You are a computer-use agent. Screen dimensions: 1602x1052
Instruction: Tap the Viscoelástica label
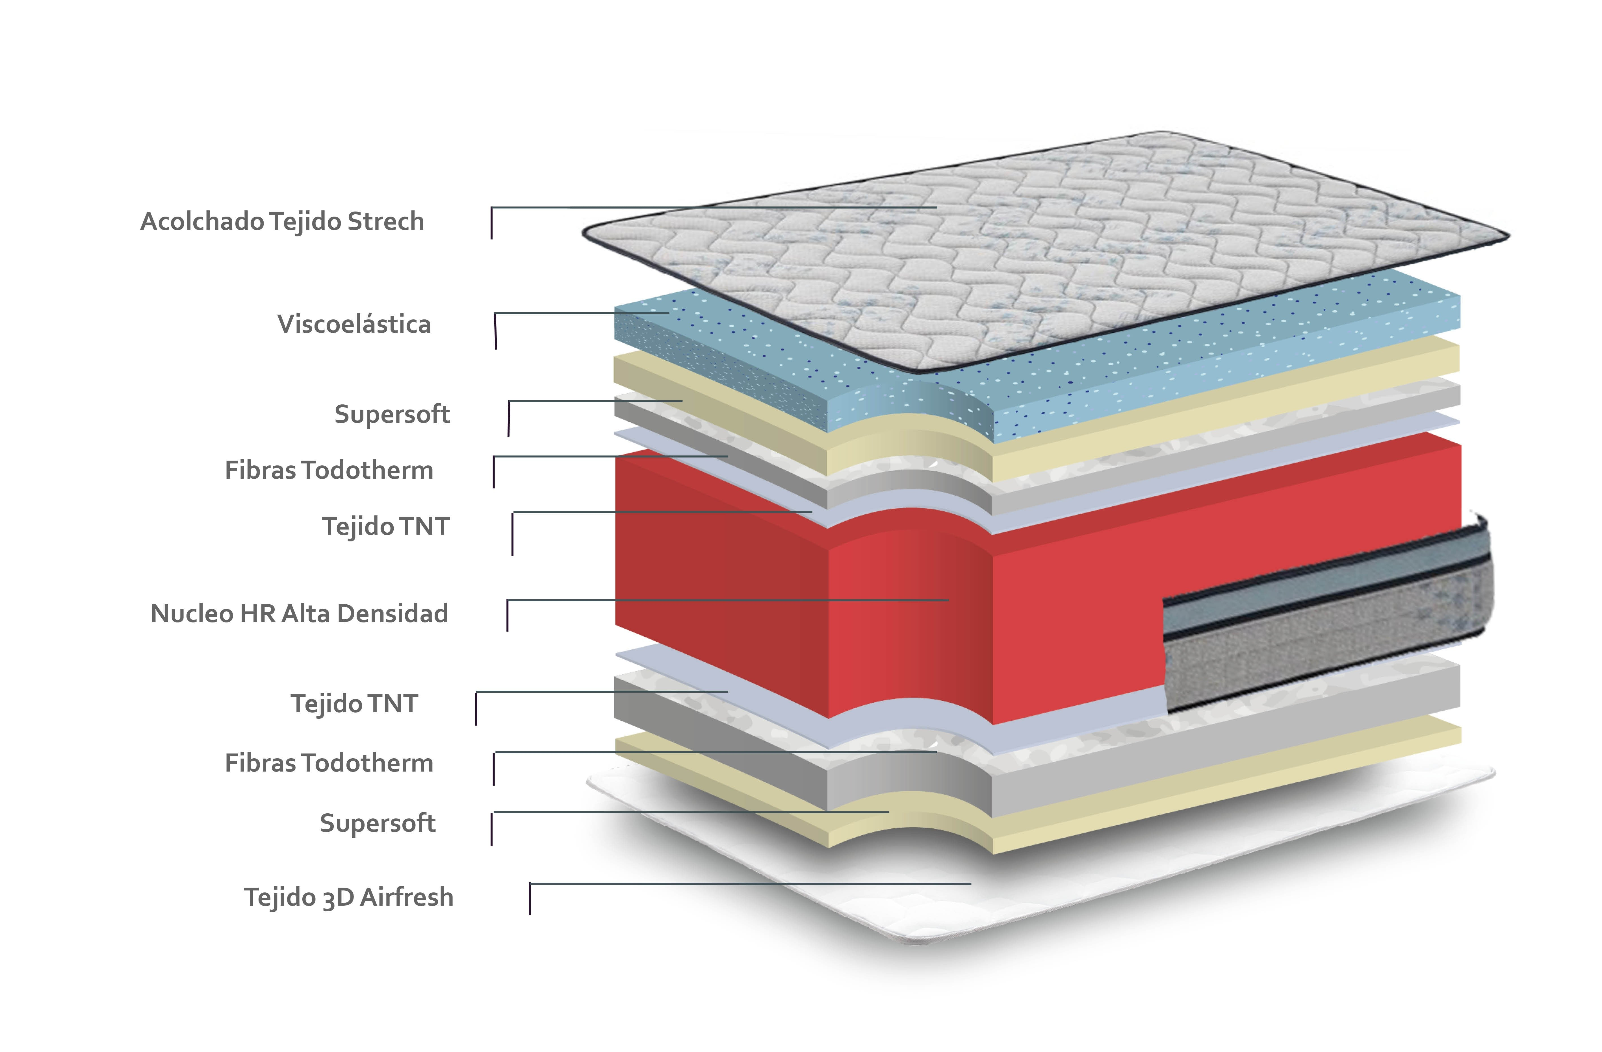pos(354,324)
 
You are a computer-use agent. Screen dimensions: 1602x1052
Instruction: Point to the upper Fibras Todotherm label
pos(329,470)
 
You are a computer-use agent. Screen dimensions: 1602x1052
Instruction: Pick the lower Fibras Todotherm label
pos(329,763)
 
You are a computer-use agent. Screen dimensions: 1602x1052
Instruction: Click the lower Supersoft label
pos(378,823)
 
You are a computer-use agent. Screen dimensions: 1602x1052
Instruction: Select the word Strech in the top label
pos(386,221)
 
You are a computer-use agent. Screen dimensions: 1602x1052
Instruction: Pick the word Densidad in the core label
pos(393,613)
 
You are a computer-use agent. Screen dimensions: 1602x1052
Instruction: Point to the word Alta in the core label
pos(306,613)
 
